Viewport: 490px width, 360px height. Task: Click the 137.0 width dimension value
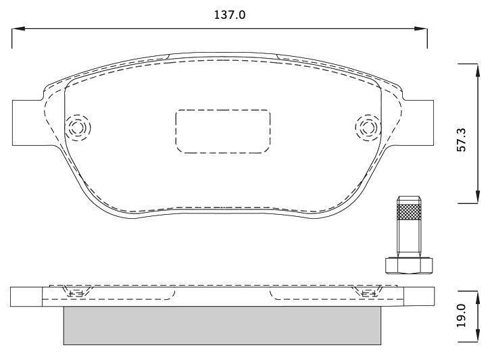[x=230, y=15]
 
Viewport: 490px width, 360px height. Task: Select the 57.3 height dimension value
[x=461, y=140]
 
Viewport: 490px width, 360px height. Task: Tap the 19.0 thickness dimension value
[x=461, y=315]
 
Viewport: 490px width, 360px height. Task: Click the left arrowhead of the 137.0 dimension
[x=18, y=29]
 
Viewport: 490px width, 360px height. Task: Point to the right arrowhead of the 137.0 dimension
[x=420, y=29]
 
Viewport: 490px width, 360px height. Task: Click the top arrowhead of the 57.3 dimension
[x=478, y=70]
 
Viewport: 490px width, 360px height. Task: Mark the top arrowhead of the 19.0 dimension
[x=478, y=297]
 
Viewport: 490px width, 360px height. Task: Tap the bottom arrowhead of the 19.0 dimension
[x=478, y=336]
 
